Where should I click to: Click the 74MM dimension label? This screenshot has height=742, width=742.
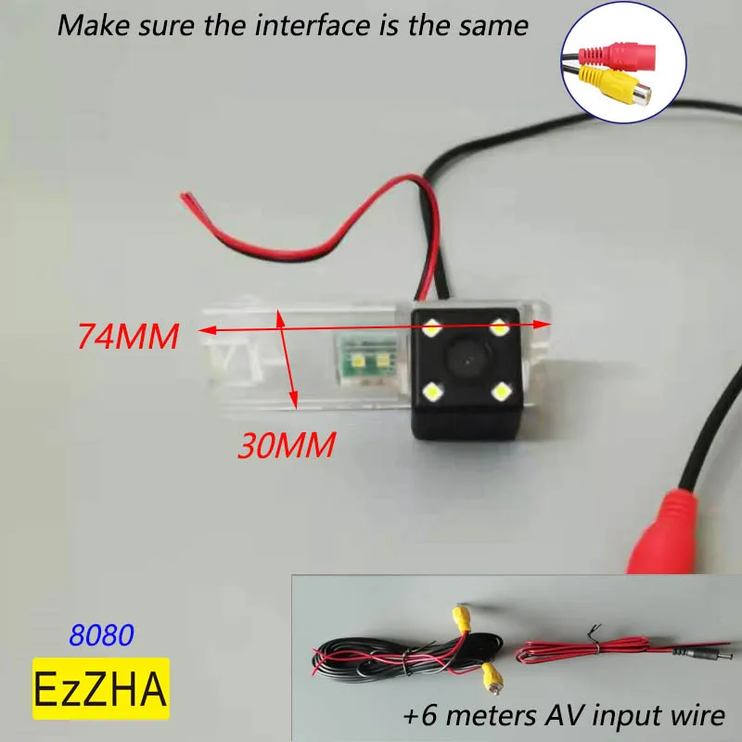click(x=128, y=336)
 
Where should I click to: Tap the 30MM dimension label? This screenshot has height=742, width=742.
click(x=287, y=447)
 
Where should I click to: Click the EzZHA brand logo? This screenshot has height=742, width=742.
click(x=100, y=688)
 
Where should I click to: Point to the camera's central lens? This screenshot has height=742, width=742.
click(x=467, y=358)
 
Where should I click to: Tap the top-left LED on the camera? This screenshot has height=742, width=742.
click(x=432, y=326)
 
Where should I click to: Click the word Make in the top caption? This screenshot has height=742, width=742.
click(x=88, y=24)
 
